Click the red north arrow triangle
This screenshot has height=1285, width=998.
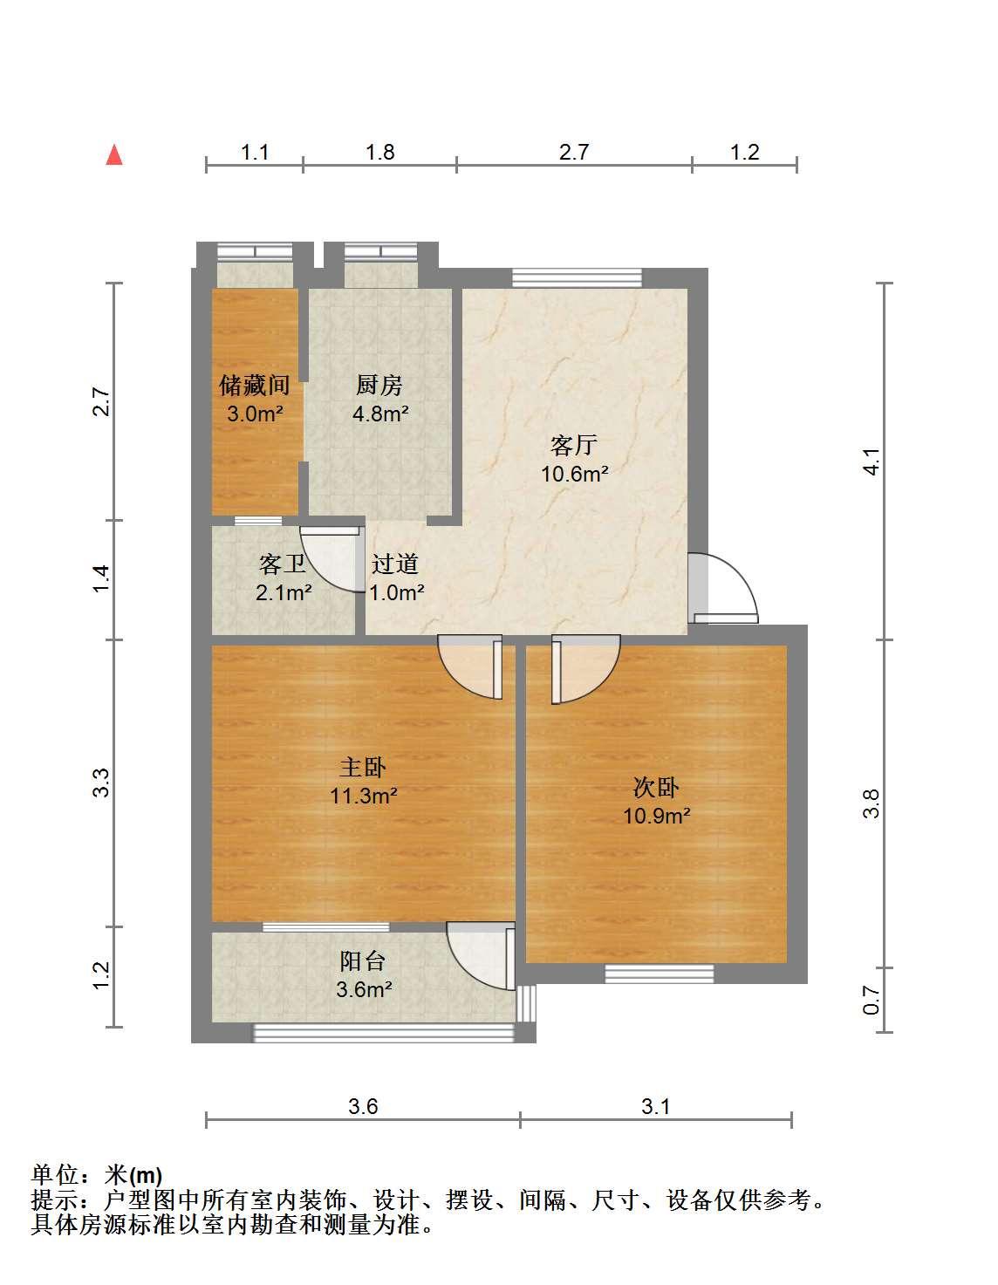click(x=114, y=156)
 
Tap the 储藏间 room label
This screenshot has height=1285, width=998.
click(x=254, y=385)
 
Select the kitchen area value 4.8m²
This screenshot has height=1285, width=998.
click(x=380, y=414)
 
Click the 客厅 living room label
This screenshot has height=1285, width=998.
click(x=573, y=445)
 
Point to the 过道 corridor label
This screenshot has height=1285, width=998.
click(x=395, y=564)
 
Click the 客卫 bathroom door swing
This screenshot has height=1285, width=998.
click(x=332, y=559)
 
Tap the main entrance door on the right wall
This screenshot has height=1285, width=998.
click(x=723, y=588)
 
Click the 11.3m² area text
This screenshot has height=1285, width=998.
click(x=363, y=796)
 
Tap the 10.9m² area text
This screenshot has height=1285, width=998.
click(x=656, y=816)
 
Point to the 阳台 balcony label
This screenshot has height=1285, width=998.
click(x=362, y=961)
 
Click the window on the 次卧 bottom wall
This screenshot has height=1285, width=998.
click(x=660, y=974)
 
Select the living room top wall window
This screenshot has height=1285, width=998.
click(x=577, y=277)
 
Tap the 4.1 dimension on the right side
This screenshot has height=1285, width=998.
click(x=872, y=461)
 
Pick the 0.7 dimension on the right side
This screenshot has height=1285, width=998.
click(x=872, y=1000)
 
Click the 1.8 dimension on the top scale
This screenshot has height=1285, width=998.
click(x=379, y=152)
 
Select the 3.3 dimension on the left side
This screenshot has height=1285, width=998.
click(x=101, y=783)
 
